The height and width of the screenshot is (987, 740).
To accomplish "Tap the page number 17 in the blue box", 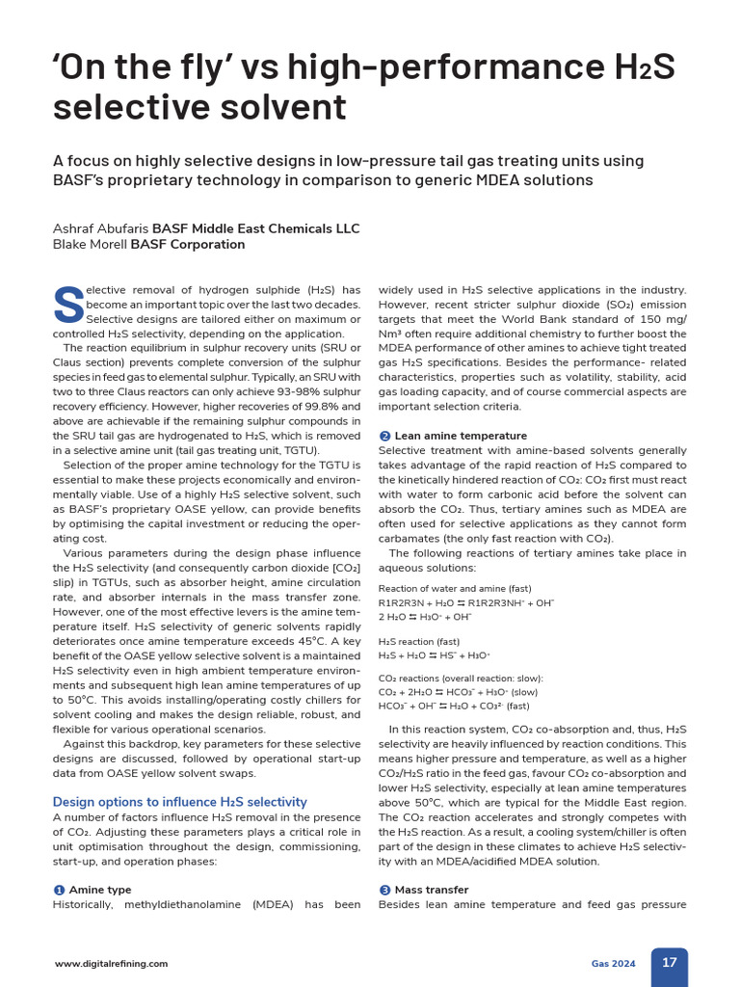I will point(669,962).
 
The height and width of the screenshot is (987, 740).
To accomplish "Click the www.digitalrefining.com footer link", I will point(111,963).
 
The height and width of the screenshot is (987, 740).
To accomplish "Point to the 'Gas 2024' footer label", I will point(613,963).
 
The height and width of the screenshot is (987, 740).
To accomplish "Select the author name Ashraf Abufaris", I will point(100,228).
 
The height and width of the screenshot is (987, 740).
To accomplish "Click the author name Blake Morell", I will point(90,245).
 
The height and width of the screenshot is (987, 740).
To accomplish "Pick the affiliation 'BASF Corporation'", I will point(187,245).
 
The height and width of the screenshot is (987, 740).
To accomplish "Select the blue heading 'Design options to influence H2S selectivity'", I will point(179,802).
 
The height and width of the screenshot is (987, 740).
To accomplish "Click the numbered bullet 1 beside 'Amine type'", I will point(59,890).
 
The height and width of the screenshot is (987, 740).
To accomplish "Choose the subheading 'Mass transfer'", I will point(432,890).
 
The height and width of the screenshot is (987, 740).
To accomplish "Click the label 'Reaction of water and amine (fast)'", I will point(455,588).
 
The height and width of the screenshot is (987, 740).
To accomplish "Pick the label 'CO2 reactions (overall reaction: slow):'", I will point(461,679).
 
